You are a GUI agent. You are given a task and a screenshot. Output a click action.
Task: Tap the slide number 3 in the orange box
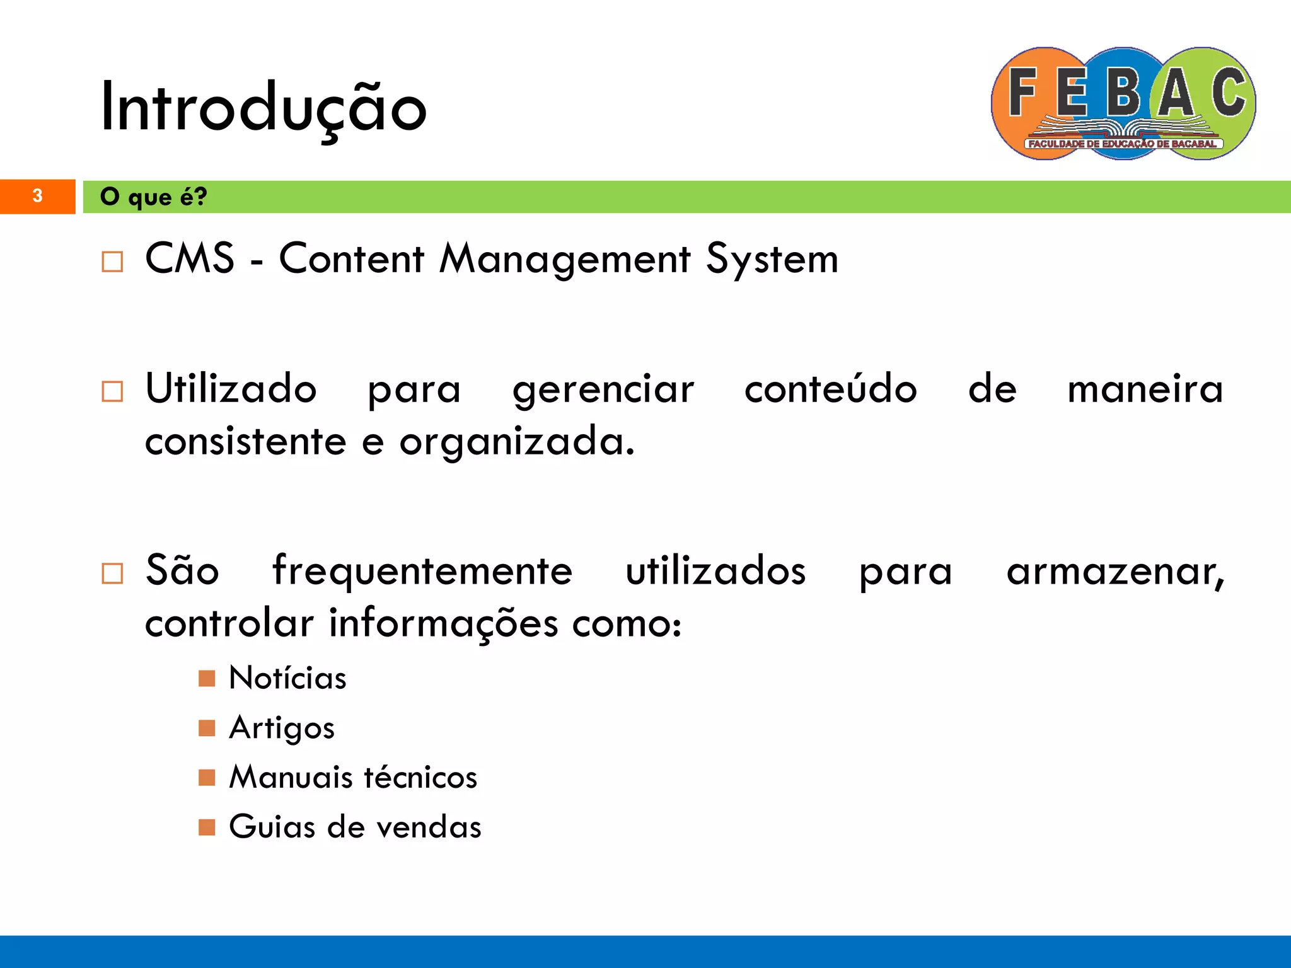click(x=37, y=196)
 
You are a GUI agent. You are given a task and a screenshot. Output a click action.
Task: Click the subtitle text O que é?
click(x=153, y=197)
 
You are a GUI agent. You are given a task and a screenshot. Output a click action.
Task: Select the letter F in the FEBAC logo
click(x=1022, y=93)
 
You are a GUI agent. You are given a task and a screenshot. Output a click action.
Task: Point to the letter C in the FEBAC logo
click(x=1228, y=93)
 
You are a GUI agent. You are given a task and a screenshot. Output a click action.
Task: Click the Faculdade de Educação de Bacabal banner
click(x=1123, y=144)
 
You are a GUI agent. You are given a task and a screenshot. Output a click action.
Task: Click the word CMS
click(x=190, y=258)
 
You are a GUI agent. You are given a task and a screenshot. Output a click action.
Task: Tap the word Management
click(x=565, y=260)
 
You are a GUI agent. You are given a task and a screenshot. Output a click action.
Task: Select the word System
click(x=772, y=260)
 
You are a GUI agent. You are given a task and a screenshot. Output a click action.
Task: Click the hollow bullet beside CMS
click(x=112, y=261)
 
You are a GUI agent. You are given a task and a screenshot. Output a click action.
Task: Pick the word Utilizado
click(x=231, y=388)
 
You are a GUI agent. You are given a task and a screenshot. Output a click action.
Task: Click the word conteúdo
click(x=830, y=388)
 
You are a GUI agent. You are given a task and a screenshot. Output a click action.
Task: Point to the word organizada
click(x=516, y=442)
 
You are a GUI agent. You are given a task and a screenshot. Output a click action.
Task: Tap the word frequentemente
click(x=422, y=571)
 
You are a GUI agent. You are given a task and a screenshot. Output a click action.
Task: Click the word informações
click(x=443, y=624)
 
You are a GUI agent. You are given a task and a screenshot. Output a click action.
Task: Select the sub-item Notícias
click(x=287, y=678)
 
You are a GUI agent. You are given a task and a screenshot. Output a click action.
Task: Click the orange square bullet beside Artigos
click(x=207, y=728)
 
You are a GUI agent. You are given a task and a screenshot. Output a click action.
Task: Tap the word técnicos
click(x=420, y=776)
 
